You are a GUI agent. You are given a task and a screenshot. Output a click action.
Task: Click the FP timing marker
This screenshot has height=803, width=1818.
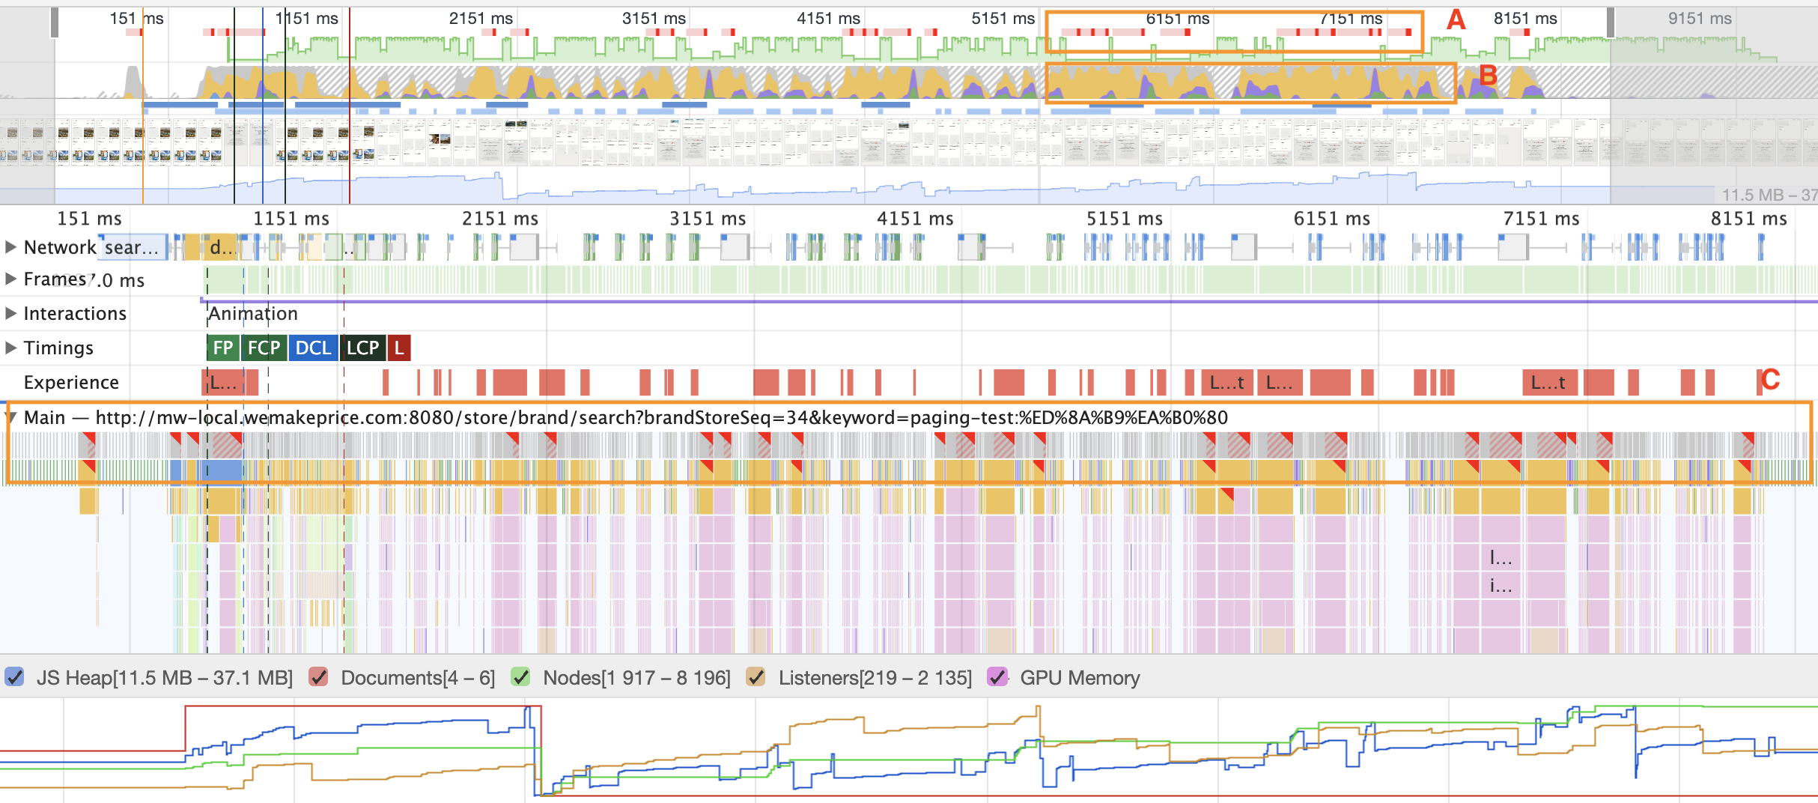pyautogui.click(x=222, y=348)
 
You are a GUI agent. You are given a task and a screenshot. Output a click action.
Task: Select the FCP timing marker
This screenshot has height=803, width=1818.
pyautogui.click(x=264, y=348)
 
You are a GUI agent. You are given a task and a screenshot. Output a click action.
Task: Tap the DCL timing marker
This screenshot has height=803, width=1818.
pyautogui.click(x=313, y=348)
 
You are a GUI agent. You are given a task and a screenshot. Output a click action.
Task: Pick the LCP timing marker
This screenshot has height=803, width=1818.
pyautogui.click(x=363, y=348)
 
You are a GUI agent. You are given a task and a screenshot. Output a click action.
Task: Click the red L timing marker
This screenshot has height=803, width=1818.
pyautogui.click(x=399, y=348)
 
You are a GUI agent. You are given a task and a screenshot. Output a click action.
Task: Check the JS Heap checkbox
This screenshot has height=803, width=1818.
pyautogui.click(x=14, y=678)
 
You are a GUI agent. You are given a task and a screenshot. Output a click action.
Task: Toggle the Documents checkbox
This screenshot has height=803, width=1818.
pyautogui.click(x=319, y=678)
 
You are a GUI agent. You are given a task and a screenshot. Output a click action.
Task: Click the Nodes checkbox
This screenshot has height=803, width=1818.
pyautogui.click(x=520, y=678)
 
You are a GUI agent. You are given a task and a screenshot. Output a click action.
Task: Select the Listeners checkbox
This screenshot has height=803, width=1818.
pyautogui.click(x=756, y=678)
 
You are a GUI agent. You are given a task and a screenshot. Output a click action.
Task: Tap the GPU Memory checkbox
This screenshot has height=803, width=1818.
pyautogui.click(x=997, y=678)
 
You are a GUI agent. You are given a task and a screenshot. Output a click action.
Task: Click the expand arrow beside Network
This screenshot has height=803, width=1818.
pyautogui.click(x=10, y=247)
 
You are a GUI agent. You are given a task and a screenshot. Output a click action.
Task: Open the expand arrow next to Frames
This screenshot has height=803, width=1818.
pyautogui.click(x=10, y=279)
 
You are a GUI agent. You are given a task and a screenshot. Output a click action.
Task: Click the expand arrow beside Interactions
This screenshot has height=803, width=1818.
pyautogui.click(x=10, y=313)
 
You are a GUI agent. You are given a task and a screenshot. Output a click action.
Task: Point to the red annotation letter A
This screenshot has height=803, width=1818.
pyautogui.click(x=1456, y=19)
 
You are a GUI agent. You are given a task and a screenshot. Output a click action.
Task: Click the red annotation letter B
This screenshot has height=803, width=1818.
pyautogui.click(x=1488, y=75)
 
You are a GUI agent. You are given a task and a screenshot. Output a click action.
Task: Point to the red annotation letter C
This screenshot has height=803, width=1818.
pyautogui.click(x=1770, y=380)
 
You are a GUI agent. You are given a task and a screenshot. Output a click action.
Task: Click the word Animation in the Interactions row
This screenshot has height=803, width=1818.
pyautogui.click(x=253, y=313)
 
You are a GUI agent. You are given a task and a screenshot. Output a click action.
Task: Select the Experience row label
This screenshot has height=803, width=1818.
pyautogui.click(x=71, y=383)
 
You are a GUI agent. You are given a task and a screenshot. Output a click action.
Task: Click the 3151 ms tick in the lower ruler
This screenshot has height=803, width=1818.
pyautogui.click(x=708, y=219)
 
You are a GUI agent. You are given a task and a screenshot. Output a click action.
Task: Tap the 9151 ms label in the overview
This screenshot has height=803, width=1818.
pyautogui.click(x=1700, y=19)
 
